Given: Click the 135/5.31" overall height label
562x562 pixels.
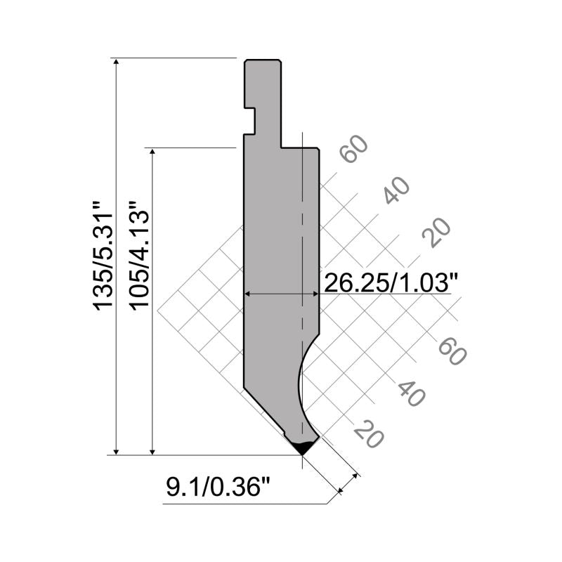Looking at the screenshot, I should click(102, 256).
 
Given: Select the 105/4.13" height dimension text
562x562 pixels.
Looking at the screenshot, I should click(138, 256).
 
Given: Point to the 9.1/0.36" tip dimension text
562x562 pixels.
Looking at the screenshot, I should click(218, 487).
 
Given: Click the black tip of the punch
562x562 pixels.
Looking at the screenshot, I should click(303, 447).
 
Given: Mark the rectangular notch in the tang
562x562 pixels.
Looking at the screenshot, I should click(249, 120).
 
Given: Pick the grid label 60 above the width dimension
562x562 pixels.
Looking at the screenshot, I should click(353, 149).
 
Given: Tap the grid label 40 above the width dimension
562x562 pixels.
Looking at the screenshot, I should click(396, 190).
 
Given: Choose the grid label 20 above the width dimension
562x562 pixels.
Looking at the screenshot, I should click(436, 233).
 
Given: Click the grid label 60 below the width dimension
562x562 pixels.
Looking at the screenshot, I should click(452, 351).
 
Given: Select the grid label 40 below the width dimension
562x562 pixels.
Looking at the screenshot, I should click(411, 393).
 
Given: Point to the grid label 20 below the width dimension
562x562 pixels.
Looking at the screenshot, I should click(369, 435).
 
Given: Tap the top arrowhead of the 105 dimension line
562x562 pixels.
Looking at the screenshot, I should click(152, 153).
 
